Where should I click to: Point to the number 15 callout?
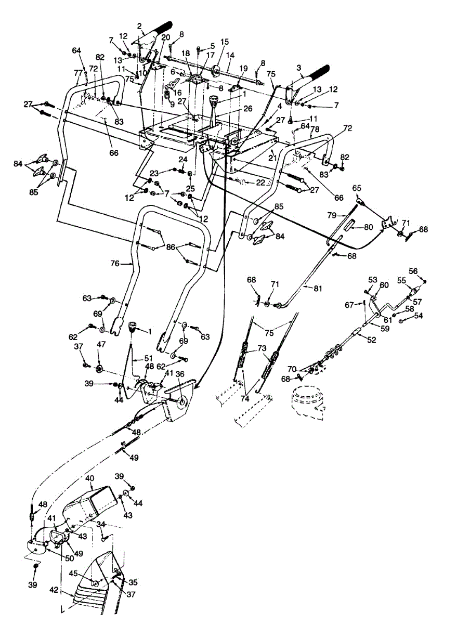(x=224, y=41)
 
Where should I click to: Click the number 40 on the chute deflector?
(x=89, y=477)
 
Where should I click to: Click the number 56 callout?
(x=413, y=270)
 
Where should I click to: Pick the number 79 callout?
(x=332, y=214)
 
